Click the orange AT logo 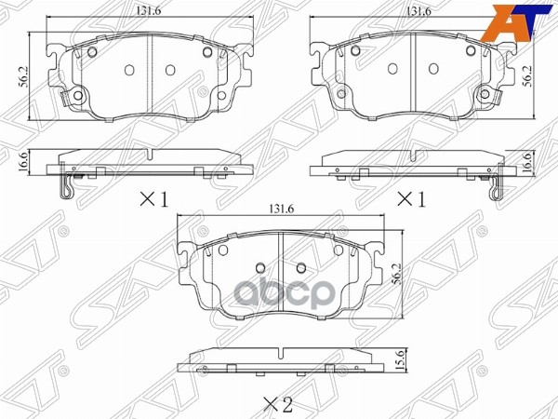click(x=523, y=19)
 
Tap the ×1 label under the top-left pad click(x=153, y=198)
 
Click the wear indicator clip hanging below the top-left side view click(x=67, y=187)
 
